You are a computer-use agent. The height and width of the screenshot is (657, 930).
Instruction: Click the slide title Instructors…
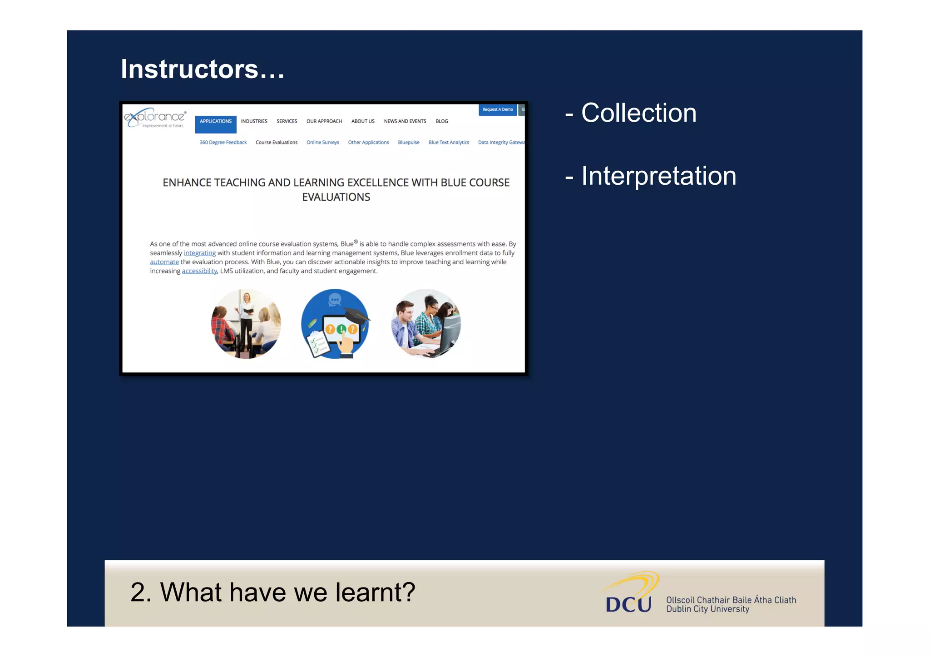pyautogui.click(x=203, y=69)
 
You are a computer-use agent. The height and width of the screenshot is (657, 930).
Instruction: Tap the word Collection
pyautogui.click(x=638, y=113)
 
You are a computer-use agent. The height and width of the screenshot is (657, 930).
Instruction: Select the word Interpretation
pyautogui.click(x=658, y=176)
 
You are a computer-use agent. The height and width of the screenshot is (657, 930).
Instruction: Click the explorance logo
pyautogui.click(x=155, y=118)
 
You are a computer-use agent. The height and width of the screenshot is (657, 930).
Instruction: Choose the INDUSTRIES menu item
pyautogui.click(x=254, y=121)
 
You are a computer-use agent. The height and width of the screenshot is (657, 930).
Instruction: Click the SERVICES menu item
pyautogui.click(x=287, y=121)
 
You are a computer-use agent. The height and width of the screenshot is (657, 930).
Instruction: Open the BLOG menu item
pyautogui.click(x=441, y=121)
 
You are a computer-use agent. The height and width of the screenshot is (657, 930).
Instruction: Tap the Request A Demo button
pyautogui.click(x=497, y=109)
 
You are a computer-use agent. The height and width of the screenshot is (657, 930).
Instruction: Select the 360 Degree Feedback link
pyautogui.click(x=223, y=143)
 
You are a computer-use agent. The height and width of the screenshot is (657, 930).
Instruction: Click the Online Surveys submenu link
pyautogui.click(x=322, y=143)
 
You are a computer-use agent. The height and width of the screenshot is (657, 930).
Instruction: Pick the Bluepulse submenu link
pyautogui.click(x=408, y=143)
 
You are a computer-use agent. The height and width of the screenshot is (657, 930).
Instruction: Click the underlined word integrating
pyautogui.click(x=199, y=253)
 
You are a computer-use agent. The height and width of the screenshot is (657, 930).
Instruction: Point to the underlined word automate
pyautogui.click(x=164, y=262)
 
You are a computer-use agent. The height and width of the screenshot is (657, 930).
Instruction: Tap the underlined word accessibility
pyautogui.click(x=199, y=271)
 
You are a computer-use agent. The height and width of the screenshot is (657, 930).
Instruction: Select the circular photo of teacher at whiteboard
pyautogui.click(x=246, y=324)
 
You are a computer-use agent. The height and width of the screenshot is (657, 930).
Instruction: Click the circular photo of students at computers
pyautogui.click(x=425, y=324)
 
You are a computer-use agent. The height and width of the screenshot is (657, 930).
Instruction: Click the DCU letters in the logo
pyautogui.click(x=628, y=604)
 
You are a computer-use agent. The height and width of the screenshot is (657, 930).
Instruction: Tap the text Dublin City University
pyautogui.click(x=707, y=609)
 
